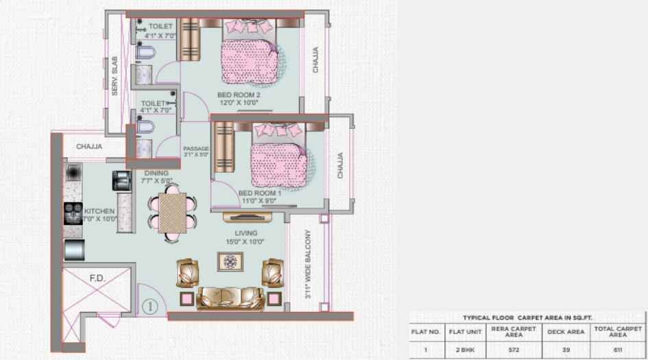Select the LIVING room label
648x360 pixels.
tap(245, 234)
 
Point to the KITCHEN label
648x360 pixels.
tap(100, 211)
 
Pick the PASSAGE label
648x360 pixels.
tap(196, 149)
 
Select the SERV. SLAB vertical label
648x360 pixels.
tap(116, 75)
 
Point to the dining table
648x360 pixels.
tap(171, 212)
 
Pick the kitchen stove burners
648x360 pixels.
tap(73, 213)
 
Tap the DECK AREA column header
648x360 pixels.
tap(565, 332)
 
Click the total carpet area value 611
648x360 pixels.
tap(619, 350)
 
